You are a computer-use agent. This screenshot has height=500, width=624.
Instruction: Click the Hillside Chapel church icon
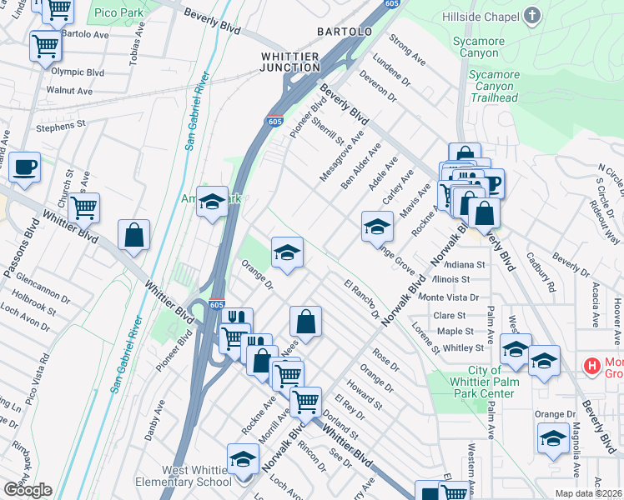pos(532,16)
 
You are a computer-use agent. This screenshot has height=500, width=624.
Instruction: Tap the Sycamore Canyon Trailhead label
pos(494,86)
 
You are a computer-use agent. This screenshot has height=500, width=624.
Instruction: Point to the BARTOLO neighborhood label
pos(344,32)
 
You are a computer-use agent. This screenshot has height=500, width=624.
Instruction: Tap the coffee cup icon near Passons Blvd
pos(23,167)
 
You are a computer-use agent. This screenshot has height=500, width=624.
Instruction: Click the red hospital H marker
pos(592,365)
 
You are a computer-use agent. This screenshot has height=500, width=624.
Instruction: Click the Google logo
pos(28,490)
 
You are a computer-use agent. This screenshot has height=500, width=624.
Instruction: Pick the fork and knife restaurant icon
pos(238,318)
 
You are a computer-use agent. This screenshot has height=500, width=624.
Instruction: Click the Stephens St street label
pos(61,127)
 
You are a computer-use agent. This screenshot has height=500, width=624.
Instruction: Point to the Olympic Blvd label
pos(78,72)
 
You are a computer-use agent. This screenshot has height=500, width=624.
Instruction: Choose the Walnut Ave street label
pos(69,90)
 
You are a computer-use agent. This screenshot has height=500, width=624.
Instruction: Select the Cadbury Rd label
pos(541,272)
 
